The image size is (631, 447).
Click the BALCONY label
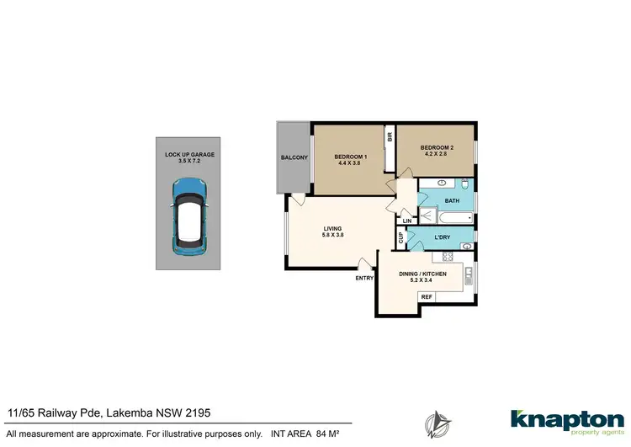click(x=294, y=158)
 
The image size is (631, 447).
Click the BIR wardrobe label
click(x=390, y=137)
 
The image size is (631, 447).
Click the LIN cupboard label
click(x=406, y=221)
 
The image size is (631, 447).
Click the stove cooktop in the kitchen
click(x=448, y=257)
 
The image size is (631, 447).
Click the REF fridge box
click(x=427, y=297)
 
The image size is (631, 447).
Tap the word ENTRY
click(x=364, y=278)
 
